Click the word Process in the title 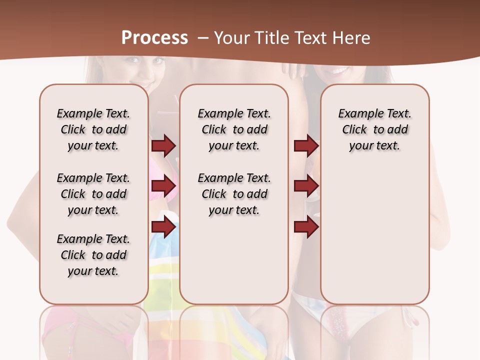pyautogui.click(x=154, y=38)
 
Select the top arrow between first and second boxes pyautogui.click(x=163, y=145)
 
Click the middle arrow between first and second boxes pyautogui.click(x=163, y=186)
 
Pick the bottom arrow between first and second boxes pyautogui.click(x=163, y=227)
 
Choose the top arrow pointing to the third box pyautogui.click(x=306, y=145)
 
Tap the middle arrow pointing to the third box pyautogui.click(x=306, y=186)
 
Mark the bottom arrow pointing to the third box pyautogui.click(x=306, y=227)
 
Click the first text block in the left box pyautogui.click(x=93, y=129)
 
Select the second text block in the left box pyautogui.click(x=93, y=194)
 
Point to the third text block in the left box pyautogui.click(x=93, y=255)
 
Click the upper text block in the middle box pyautogui.click(x=234, y=129)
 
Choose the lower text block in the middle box pyautogui.click(x=234, y=194)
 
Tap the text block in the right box pyautogui.click(x=374, y=129)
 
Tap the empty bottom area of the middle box pyautogui.click(x=234, y=265)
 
